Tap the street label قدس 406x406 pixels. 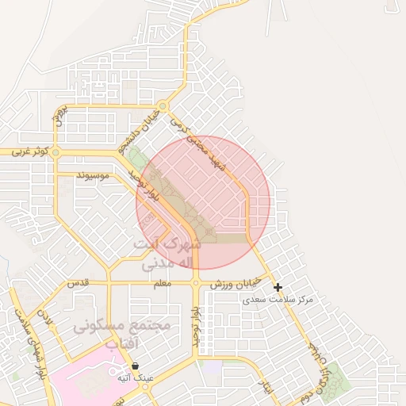(77, 283)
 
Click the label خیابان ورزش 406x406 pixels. (230, 284)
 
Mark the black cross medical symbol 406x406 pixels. (278, 286)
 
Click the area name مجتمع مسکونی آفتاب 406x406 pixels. (111, 334)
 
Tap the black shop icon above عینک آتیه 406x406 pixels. (136, 366)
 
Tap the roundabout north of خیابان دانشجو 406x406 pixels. (163, 105)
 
